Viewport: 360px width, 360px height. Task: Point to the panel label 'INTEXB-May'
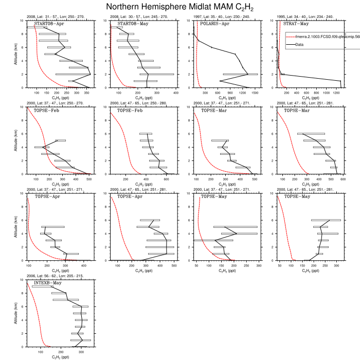point(48,283)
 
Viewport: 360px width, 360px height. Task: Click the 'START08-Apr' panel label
point(49,24)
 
